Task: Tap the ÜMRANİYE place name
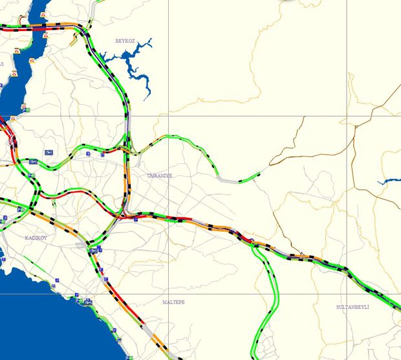160,175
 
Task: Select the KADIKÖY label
36,238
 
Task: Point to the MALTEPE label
173,302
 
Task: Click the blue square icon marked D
89,154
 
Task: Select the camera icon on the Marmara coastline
85,302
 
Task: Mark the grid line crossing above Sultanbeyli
347,294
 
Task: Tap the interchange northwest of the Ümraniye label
129,150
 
